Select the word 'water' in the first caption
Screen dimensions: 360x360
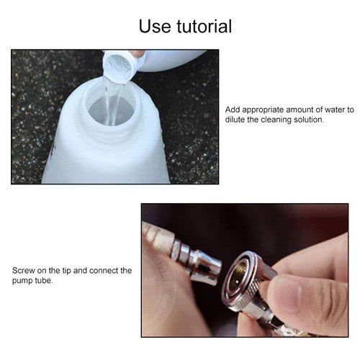click(335, 110)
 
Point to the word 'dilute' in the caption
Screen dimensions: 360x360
click(237, 120)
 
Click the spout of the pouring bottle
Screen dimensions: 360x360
click(120, 67)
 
